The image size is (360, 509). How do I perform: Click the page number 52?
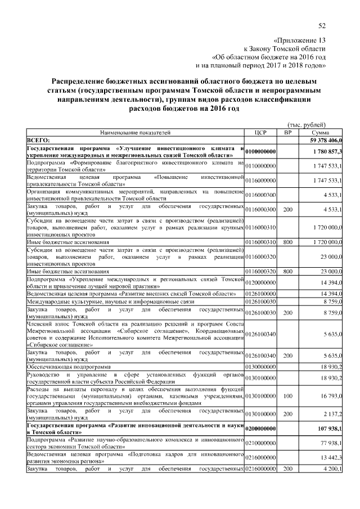(x=322, y=26)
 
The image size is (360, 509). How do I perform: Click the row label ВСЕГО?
(x=39, y=139)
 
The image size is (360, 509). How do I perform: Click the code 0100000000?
(x=260, y=152)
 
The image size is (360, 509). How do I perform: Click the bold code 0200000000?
(x=260, y=428)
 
